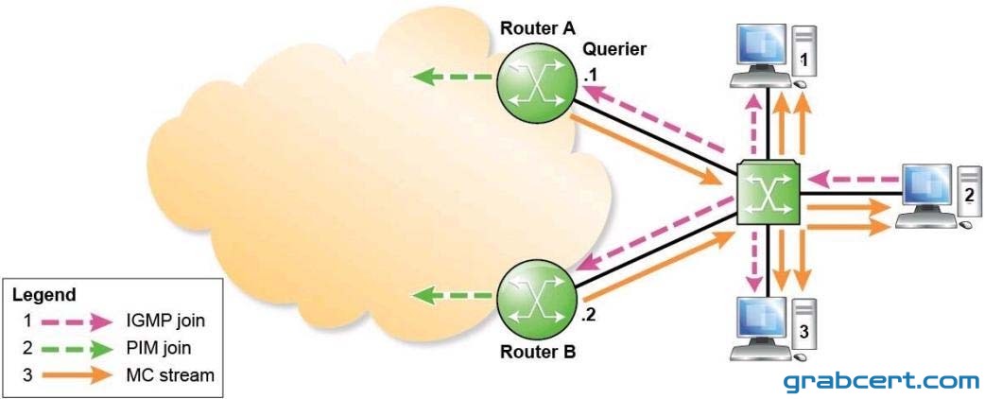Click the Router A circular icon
coord(536,86)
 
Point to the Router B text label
coord(537,352)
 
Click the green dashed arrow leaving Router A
coord(452,78)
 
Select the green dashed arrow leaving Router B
coord(452,294)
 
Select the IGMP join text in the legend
coord(166,322)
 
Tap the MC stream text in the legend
coord(170,375)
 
